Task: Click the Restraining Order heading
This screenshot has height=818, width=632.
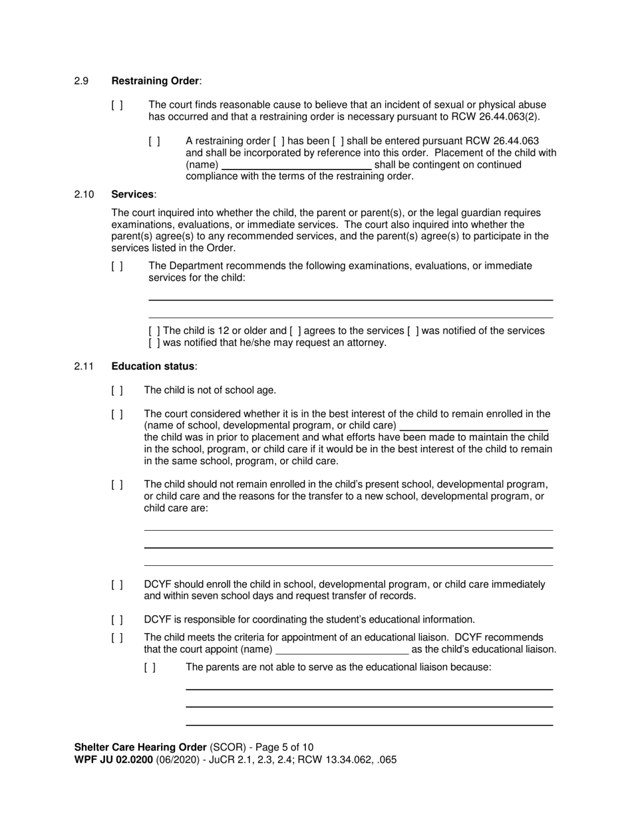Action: pyautogui.click(x=156, y=81)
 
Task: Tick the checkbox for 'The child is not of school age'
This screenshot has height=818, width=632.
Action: pyautogui.click(x=117, y=390)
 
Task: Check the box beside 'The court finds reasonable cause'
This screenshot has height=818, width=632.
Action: pyautogui.click(x=117, y=105)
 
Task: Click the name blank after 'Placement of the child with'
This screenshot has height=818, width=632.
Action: pyautogui.click(x=296, y=164)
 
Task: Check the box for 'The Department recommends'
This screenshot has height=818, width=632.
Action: pyautogui.click(x=117, y=266)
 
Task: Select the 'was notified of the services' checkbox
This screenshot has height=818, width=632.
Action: pyautogui.click(x=413, y=331)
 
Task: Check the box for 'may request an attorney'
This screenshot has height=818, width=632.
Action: pyautogui.click(x=154, y=343)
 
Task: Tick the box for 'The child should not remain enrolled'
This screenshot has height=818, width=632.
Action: pyautogui.click(x=117, y=485)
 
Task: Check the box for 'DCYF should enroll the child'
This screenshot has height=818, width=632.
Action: pyautogui.click(x=117, y=585)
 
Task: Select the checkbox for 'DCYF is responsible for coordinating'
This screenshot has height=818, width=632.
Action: pyautogui.click(x=117, y=620)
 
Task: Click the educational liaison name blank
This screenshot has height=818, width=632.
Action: pyautogui.click(x=342, y=650)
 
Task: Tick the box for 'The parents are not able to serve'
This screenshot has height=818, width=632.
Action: pyautogui.click(x=150, y=668)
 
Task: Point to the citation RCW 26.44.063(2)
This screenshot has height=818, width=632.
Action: pyautogui.click(x=496, y=117)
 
